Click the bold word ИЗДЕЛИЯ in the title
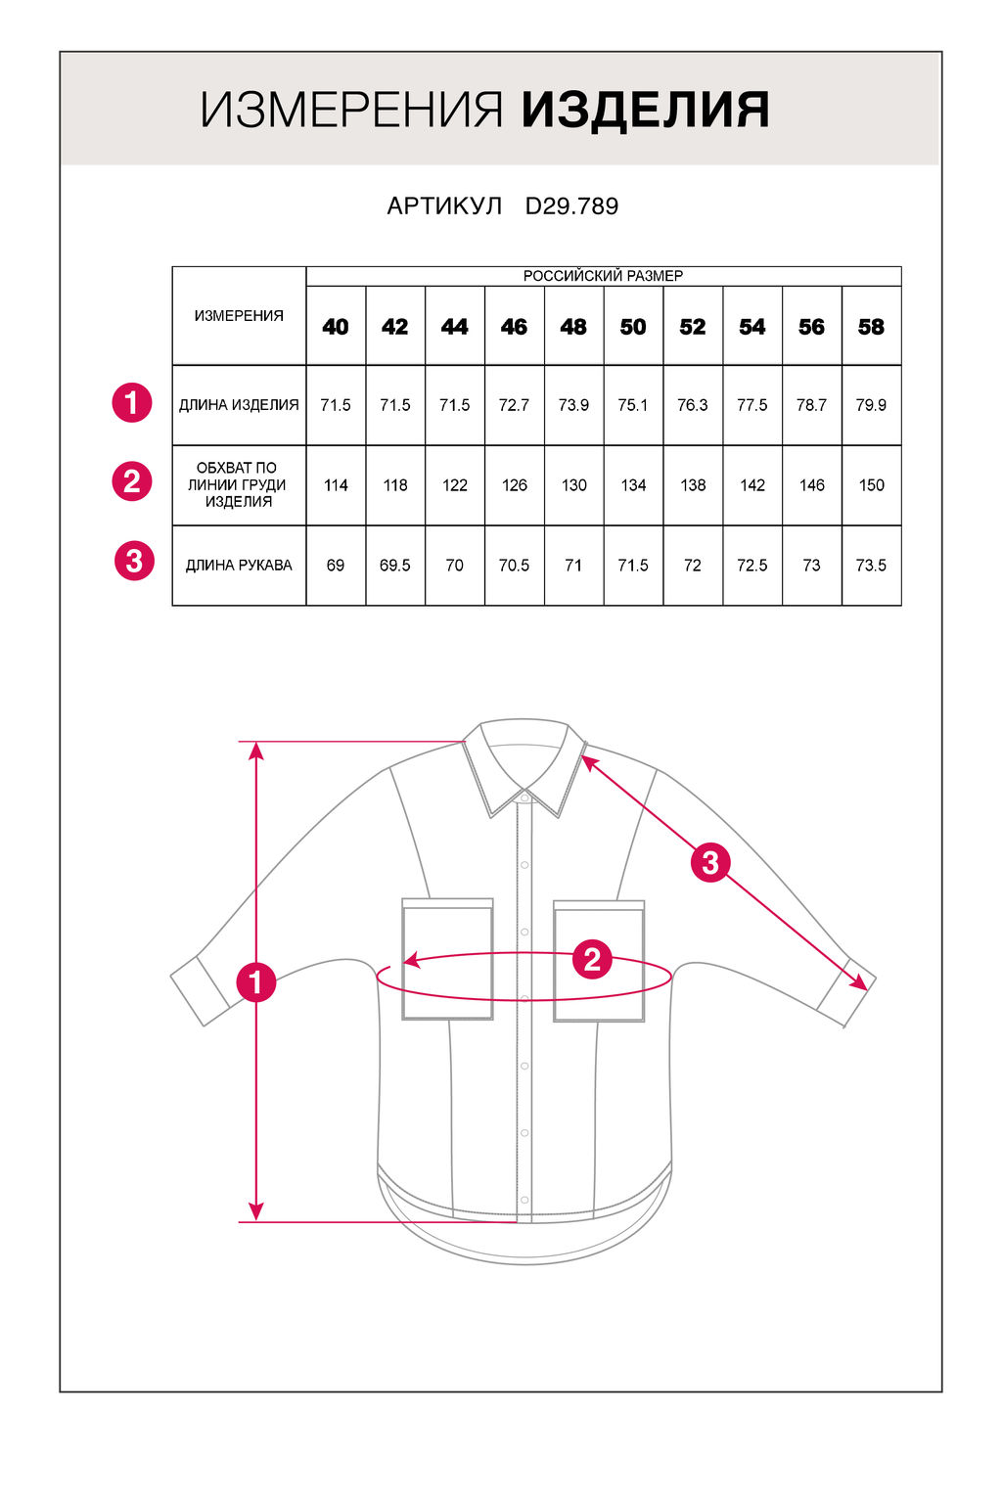point(645,110)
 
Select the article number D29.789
point(571,206)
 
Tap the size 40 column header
point(336,327)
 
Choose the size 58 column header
point(871,327)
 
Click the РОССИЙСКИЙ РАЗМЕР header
point(603,276)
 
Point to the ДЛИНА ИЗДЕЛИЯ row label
point(239,405)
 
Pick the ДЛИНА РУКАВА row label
point(239,566)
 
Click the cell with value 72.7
point(514,405)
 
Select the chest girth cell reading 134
point(633,485)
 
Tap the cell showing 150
point(871,485)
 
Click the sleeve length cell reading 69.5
point(395,566)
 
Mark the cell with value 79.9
point(871,405)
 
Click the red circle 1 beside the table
point(132,402)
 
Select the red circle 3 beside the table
point(134,562)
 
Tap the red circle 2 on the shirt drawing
point(592,960)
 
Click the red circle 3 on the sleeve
point(710,862)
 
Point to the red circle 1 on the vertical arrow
point(256,981)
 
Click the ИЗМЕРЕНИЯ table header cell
point(239,316)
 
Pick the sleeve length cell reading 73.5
point(871,566)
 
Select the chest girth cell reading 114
point(336,485)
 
